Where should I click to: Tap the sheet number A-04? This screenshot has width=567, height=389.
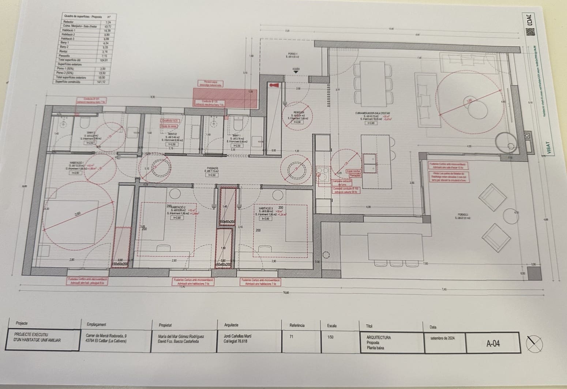pyautogui.click(x=493, y=343)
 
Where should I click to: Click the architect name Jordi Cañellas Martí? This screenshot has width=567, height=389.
pyautogui.click(x=237, y=336)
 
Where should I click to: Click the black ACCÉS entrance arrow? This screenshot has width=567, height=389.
pyautogui.click(x=296, y=72)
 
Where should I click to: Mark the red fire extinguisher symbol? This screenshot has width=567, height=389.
pyautogui.click(x=274, y=85)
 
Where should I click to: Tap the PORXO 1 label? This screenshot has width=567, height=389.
pyautogui.click(x=293, y=54)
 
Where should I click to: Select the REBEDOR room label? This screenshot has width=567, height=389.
pyautogui.click(x=298, y=113)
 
